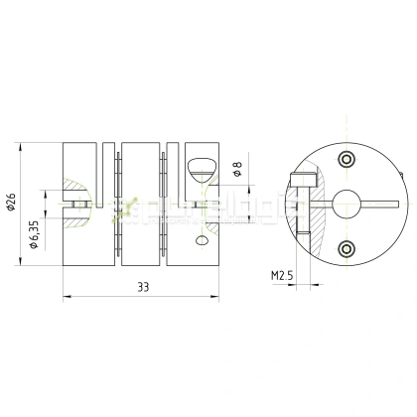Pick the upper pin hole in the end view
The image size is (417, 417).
346,160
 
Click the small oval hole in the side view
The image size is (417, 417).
203,240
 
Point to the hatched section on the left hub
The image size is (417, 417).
71,191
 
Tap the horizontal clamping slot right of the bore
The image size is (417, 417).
382,204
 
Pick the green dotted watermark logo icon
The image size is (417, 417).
126,208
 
